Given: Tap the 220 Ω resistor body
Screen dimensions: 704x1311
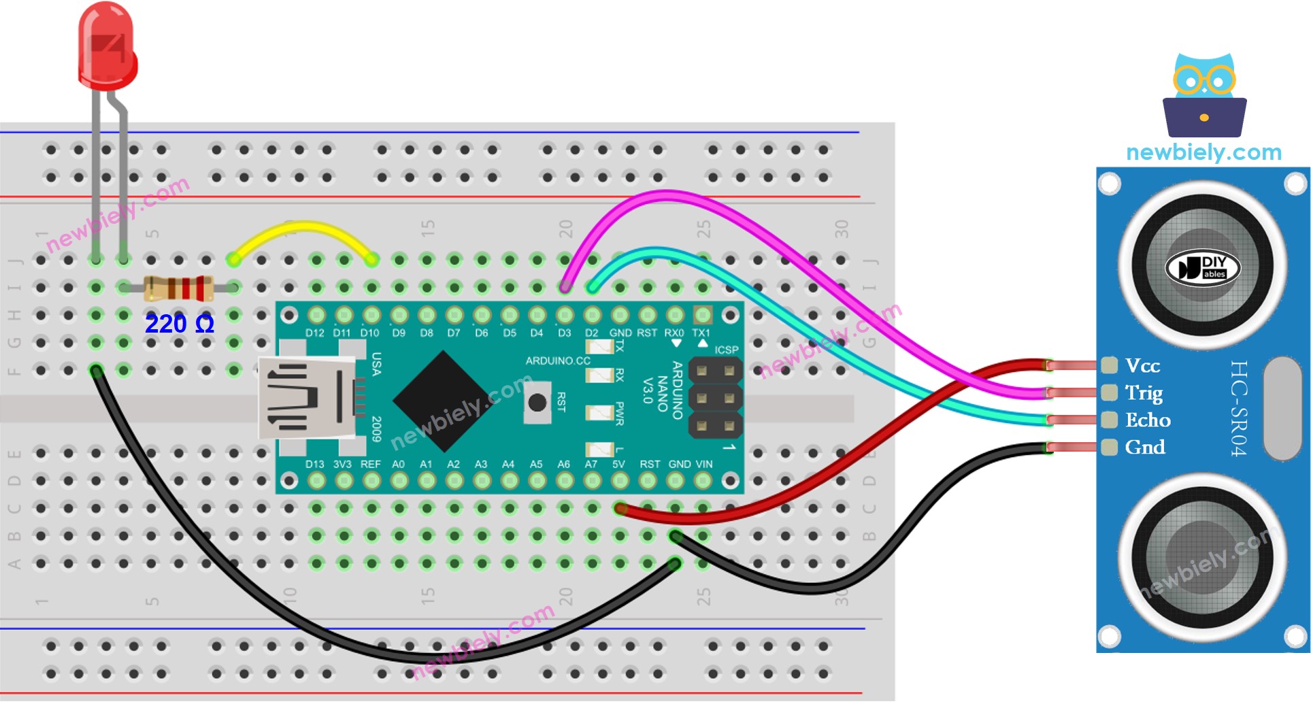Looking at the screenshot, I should (x=179, y=288).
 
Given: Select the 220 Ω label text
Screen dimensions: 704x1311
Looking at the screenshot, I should (x=180, y=324).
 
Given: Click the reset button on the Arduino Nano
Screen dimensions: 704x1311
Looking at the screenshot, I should (x=537, y=403).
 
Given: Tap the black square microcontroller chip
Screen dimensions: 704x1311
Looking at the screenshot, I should (x=444, y=401).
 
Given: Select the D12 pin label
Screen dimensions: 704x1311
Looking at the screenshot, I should (x=315, y=333).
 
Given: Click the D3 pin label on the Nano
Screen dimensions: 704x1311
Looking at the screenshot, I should (x=565, y=333).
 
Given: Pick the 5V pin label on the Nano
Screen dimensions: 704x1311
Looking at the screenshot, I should (x=618, y=465).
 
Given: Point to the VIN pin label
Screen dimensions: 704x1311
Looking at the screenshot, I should (x=704, y=465).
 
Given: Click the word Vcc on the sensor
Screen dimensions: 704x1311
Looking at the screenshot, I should (x=1143, y=366).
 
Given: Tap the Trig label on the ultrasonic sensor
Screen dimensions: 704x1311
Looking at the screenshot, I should (x=1144, y=393).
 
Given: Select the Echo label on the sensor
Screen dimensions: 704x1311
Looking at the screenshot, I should (x=1148, y=420).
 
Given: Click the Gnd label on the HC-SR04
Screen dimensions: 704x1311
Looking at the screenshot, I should (x=1145, y=448).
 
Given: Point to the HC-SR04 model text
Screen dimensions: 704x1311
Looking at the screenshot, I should (x=1239, y=408).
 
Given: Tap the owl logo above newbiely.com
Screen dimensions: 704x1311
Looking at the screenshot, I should (x=1204, y=95).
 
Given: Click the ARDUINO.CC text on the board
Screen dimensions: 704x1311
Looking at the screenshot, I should (x=558, y=361).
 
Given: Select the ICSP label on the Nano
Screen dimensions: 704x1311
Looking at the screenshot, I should (x=727, y=350).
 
